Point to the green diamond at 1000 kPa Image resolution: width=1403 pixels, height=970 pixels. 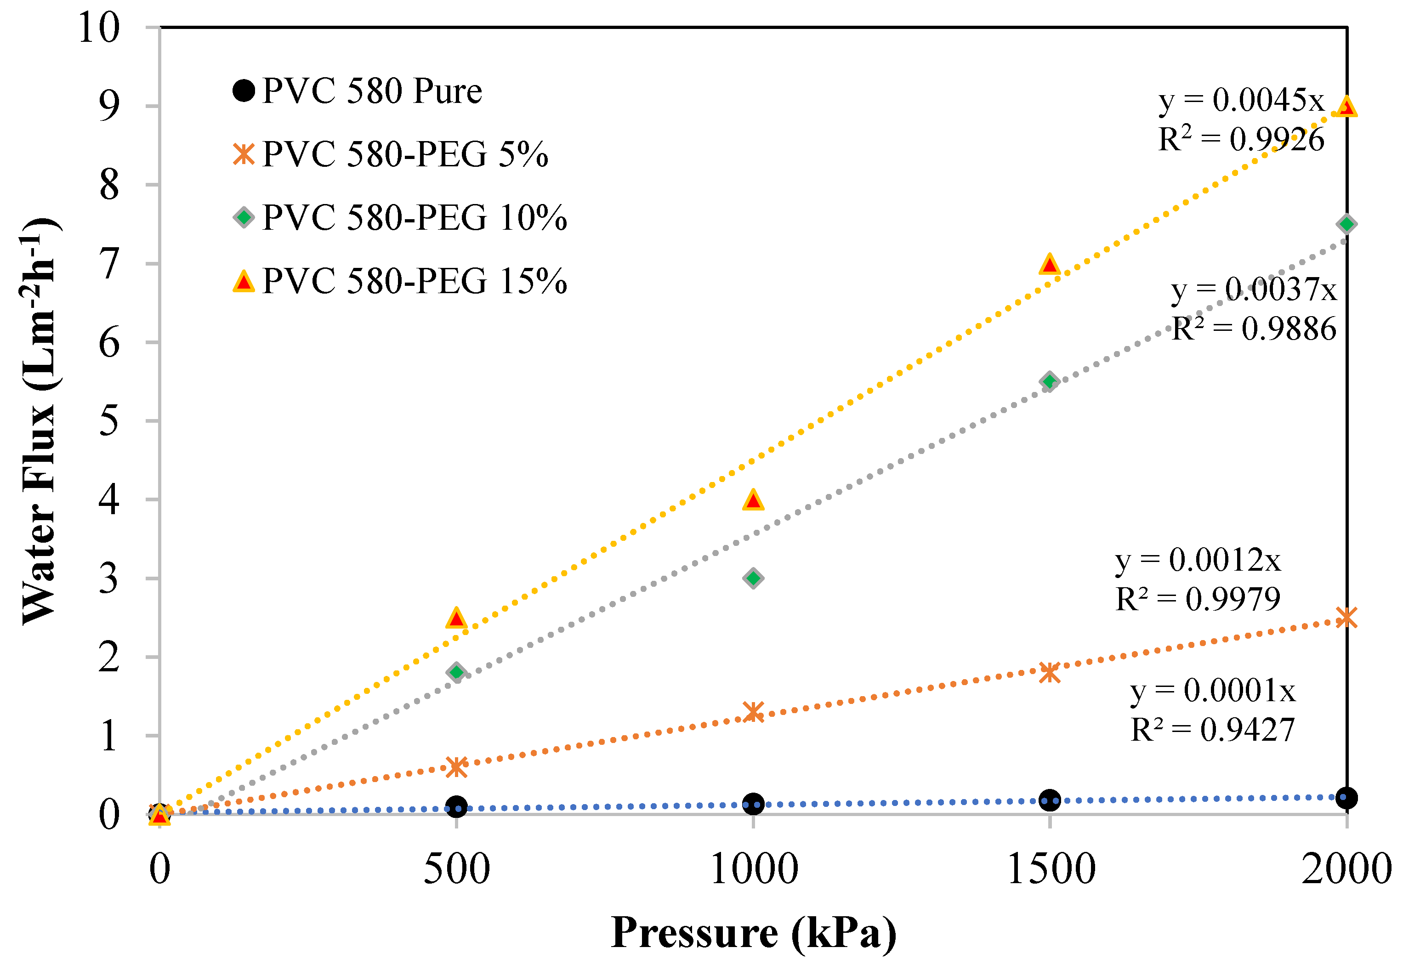coord(753,578)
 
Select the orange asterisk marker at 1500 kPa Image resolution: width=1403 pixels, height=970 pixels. coord(1049,673)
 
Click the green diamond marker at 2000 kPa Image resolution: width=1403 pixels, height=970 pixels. coord(1346,224)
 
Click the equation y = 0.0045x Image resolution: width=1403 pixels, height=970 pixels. coord(1241,100)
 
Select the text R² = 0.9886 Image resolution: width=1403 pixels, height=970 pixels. coord(1254,329)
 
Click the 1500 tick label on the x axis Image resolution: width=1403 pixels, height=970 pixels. coord(1051,869)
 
